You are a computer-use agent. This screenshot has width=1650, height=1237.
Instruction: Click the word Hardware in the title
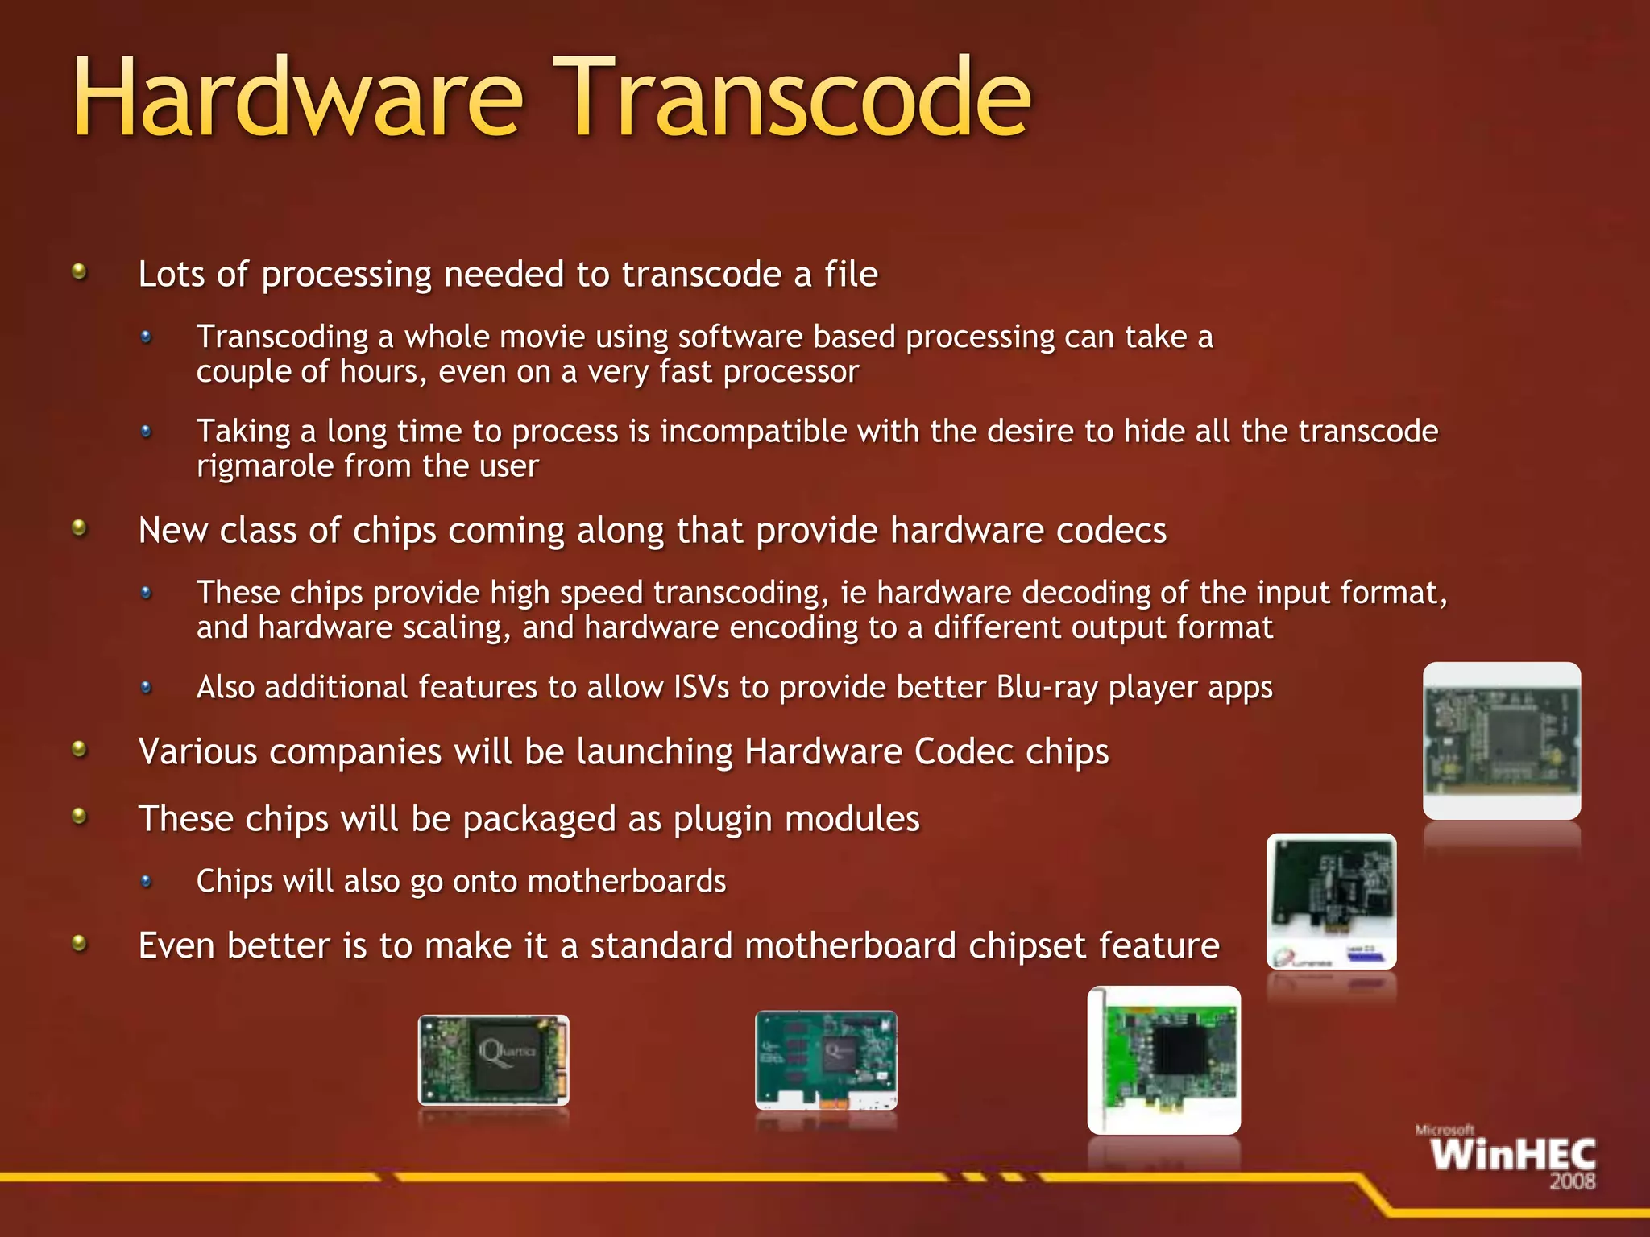[x=298, y=98]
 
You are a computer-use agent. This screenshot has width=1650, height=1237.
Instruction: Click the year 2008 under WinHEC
[x=1572, y=1181]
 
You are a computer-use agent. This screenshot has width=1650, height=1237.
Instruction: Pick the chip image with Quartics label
[x=494, y=1060]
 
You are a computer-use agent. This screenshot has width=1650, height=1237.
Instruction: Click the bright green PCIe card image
[x=1164, y=1060]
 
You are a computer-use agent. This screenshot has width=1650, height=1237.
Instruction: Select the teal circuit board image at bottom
[x=826, y=1060]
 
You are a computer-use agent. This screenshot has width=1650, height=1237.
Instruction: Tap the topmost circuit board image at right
[x=1502, y=741]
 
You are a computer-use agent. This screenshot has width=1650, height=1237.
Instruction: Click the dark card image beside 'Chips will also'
[x=1331, y=900]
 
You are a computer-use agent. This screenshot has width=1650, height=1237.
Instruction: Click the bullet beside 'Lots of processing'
[x=79, y=272]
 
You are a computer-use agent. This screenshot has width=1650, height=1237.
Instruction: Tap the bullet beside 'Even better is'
[x=79, y=943]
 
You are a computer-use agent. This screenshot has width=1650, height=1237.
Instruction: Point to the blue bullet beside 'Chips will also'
[x=146, y=881]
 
